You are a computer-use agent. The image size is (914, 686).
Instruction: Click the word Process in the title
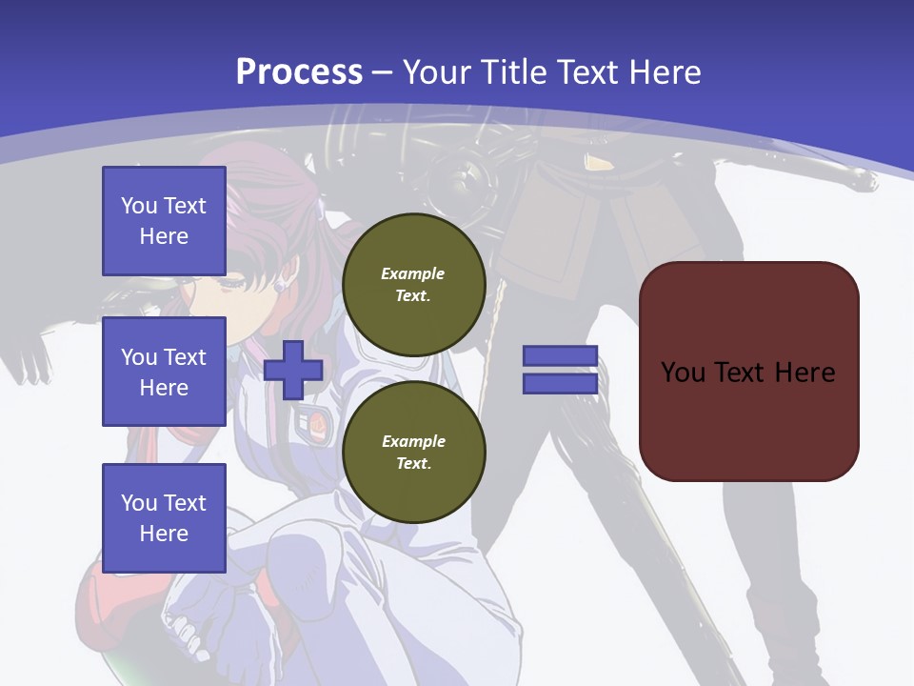pos(299,72)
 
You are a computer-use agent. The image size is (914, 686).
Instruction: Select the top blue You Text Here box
pos(164,221)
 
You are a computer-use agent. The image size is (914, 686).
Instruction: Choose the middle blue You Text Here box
pos(164,372)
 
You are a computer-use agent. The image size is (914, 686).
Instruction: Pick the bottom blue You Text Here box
pos(164,518)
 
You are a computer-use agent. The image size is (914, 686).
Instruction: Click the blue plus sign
pos(293,370)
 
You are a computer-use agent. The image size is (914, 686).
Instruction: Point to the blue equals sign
pos(560,370)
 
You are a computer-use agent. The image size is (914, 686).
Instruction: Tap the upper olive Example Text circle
pos(413,285)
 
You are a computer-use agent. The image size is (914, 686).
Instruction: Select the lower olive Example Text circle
pos(413,453)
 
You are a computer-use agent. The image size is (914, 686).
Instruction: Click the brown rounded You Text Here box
pos(748,372)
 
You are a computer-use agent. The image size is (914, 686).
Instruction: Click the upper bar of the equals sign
pos(560,356)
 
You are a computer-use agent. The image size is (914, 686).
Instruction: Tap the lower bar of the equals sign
pos(560,383)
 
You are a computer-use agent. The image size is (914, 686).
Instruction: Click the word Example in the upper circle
pos(413,273)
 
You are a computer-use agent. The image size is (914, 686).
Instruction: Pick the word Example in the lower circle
pos(413,441)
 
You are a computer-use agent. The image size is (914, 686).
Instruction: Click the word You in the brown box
pos(683,373)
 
